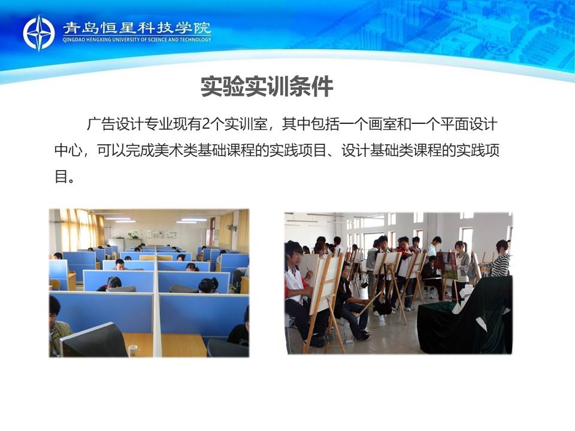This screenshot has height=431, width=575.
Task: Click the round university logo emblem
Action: [39, 33]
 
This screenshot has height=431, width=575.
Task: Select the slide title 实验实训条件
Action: [267, 86]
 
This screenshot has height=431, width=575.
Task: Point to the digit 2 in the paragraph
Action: [205, 125]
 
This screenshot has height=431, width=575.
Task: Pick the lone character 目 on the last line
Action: [61, 176]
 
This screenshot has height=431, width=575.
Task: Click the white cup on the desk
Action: [133, 351]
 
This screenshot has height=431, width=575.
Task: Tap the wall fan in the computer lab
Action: [231, 228]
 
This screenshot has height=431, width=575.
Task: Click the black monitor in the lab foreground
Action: [94, 341]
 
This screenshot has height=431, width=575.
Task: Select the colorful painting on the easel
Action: [448, 265]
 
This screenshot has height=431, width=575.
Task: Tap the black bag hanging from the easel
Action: [383, 306]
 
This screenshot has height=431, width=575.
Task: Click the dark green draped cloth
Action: [466, 315]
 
